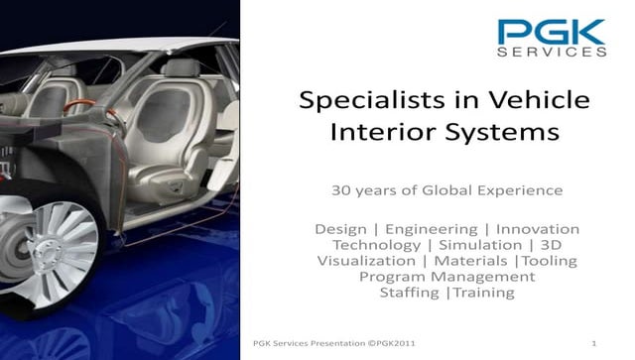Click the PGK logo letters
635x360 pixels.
(x=552, y=32)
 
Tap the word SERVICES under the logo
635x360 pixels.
(x=552, y=53)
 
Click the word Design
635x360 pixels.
(x=340, y=229)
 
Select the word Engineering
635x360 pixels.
(x=435, y=229)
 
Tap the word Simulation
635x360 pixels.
(x=480, y=245)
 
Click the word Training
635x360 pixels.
(x=483, y=293)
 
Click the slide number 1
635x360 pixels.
(x=592, y=342)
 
